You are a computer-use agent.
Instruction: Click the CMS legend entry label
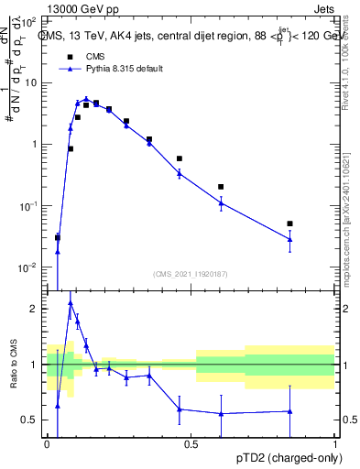[96, 56]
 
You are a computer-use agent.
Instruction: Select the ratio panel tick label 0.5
[30, 420]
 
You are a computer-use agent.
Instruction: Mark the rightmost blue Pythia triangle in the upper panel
[289, 239]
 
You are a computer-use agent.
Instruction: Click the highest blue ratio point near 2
[71, 302]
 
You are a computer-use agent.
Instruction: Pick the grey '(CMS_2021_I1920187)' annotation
[191, 273]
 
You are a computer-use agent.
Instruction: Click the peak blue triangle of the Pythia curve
[86, 99]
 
